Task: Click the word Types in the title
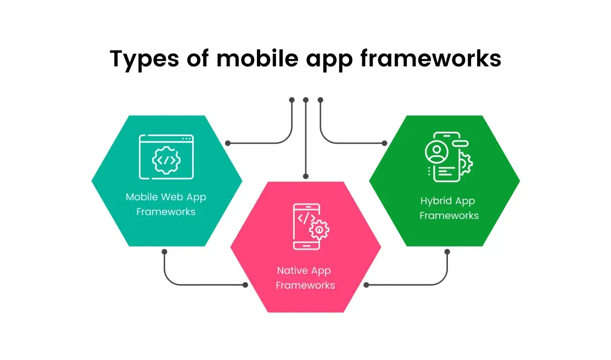pos(144,59)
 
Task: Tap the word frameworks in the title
pos(430,58)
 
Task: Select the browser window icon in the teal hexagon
pos(166,156)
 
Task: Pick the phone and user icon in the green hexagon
pos(449,156)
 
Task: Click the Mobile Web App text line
pos(166,198)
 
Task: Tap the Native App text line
pos(304,271)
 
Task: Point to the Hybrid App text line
pos(448,201)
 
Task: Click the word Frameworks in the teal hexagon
pos(166,212)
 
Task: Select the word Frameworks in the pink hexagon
pos(305,285)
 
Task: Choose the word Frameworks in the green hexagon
pos(449,216)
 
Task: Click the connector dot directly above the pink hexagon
pos(306,177)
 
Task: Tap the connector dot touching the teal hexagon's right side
pos(228,143)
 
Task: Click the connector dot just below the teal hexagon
pos(165,252)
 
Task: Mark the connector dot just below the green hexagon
pos(447,252)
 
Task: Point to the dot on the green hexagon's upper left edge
pos(385,143)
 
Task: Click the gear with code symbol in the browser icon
pos(166,160)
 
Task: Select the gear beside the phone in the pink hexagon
pos(319,230)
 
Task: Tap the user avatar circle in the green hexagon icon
pos(437,151)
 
